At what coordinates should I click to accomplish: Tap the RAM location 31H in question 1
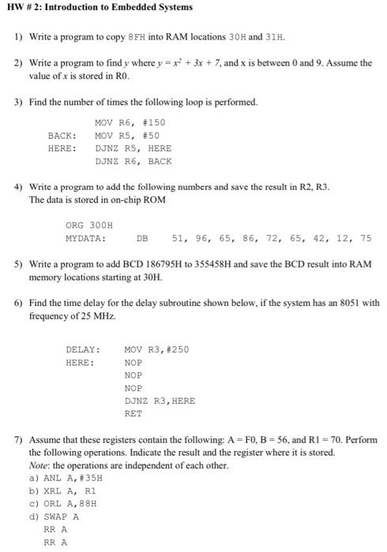[x=276, y=37]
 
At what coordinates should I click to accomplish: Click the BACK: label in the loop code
[x=62, y=135]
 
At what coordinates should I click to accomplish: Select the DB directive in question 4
[x=142, y=237]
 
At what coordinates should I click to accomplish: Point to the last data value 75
[x=365, y=237]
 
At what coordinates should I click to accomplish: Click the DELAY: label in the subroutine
[x=82, y=349]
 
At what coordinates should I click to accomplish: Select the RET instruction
[x=133, y=413]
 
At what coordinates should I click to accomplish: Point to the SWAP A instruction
[x=60, y=517]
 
